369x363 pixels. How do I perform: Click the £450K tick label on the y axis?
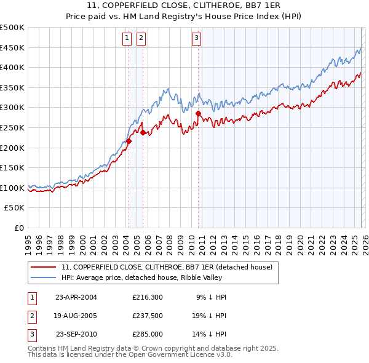[12, 47]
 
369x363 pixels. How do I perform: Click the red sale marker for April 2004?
[129, 142]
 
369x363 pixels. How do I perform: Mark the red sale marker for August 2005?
[143, 132]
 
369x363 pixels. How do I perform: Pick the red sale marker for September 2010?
[199, 114]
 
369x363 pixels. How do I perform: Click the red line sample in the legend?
[44, 267]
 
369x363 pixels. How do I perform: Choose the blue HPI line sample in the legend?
[44, 277]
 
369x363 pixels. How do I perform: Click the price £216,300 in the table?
[148, 297]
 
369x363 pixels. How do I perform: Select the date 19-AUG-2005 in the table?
[76, 316]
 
